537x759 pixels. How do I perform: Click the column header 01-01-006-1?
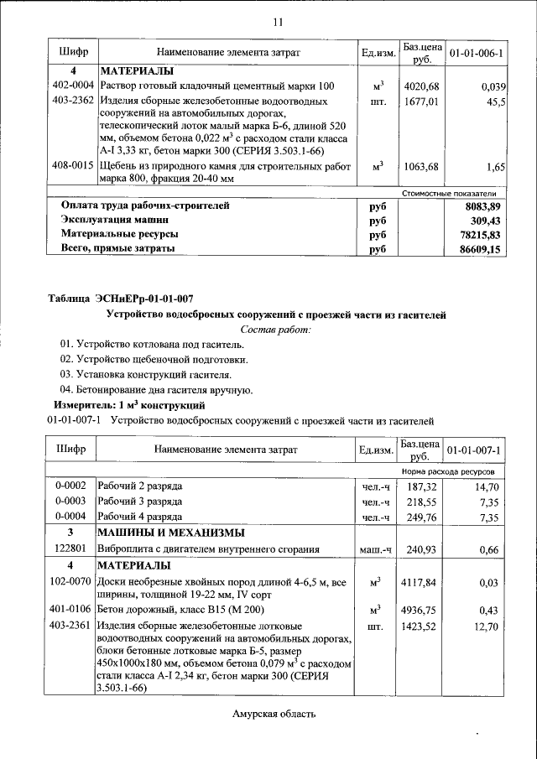tap(476, 53)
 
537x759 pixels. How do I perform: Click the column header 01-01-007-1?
tap(476, 450)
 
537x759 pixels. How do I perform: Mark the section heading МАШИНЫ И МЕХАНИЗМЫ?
tap(171, 533)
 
